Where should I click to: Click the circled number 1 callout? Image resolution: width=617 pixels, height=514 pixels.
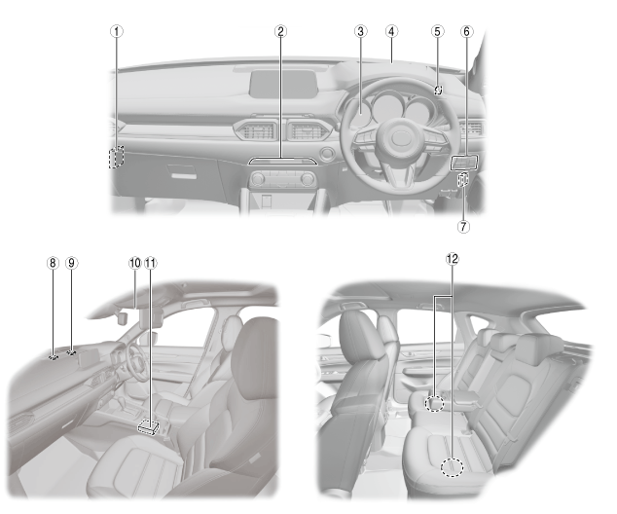click(x=117, y=31)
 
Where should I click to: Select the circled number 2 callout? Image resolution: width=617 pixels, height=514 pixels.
click(x=280, y=31)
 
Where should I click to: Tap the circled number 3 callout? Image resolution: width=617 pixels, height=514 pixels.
click(x=360, y=31)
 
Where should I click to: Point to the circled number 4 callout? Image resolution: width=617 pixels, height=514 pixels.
click(x=391, y=31)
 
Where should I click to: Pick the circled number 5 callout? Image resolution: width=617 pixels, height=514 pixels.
click(x=437, y=31)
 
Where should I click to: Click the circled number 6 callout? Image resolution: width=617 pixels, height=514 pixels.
click(x=466, y=31)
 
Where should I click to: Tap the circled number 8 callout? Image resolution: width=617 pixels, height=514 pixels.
click(x=53, y=263)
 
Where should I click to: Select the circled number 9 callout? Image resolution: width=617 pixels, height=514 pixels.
click(x=71, y=263)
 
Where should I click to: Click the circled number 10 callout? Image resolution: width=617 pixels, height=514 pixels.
click(x=135, y=263)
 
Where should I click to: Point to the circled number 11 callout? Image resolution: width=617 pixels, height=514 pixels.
click(x=151, y=263)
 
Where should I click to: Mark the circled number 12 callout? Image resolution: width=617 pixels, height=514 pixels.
click(x=451, y=259)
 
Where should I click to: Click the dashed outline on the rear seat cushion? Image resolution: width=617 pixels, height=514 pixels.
click(x=451, y=468)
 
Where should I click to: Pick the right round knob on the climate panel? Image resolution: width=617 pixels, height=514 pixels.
click(x=308, y=179)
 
